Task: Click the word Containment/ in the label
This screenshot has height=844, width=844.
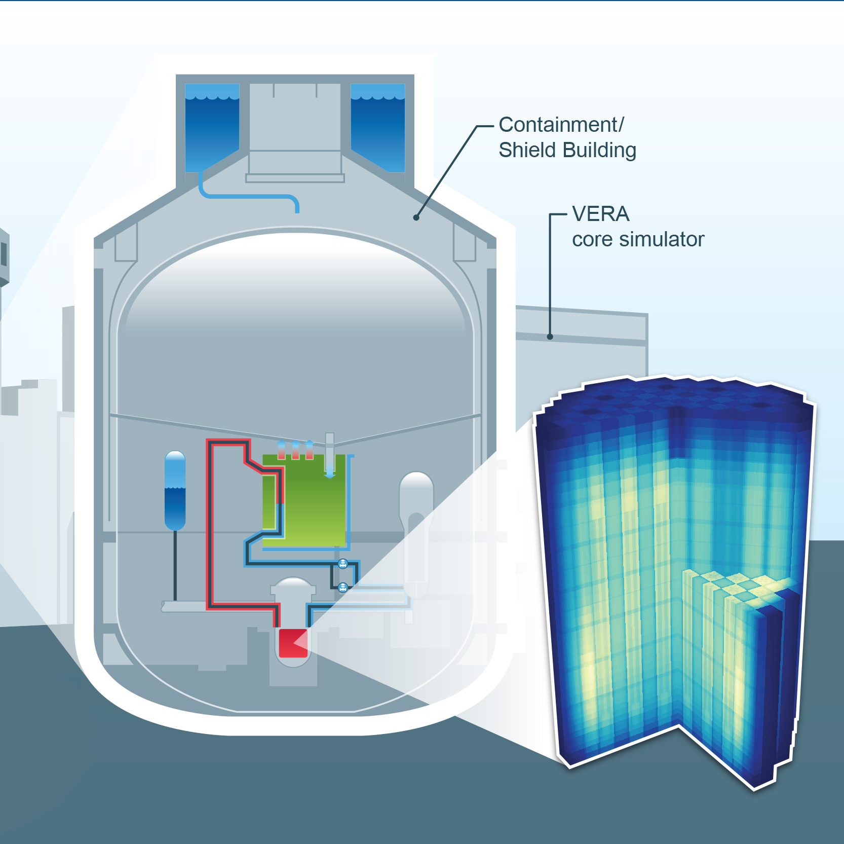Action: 561,125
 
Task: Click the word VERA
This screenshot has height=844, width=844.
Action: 601,214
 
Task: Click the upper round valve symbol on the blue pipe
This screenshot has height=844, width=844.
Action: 343,563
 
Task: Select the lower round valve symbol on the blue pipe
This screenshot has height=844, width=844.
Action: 343,588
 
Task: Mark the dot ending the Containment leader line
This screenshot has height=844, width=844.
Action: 416,217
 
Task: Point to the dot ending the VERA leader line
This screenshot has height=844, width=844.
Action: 550,337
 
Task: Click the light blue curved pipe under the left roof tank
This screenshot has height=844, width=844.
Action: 248,195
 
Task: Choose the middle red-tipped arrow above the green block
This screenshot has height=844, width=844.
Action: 295,450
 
